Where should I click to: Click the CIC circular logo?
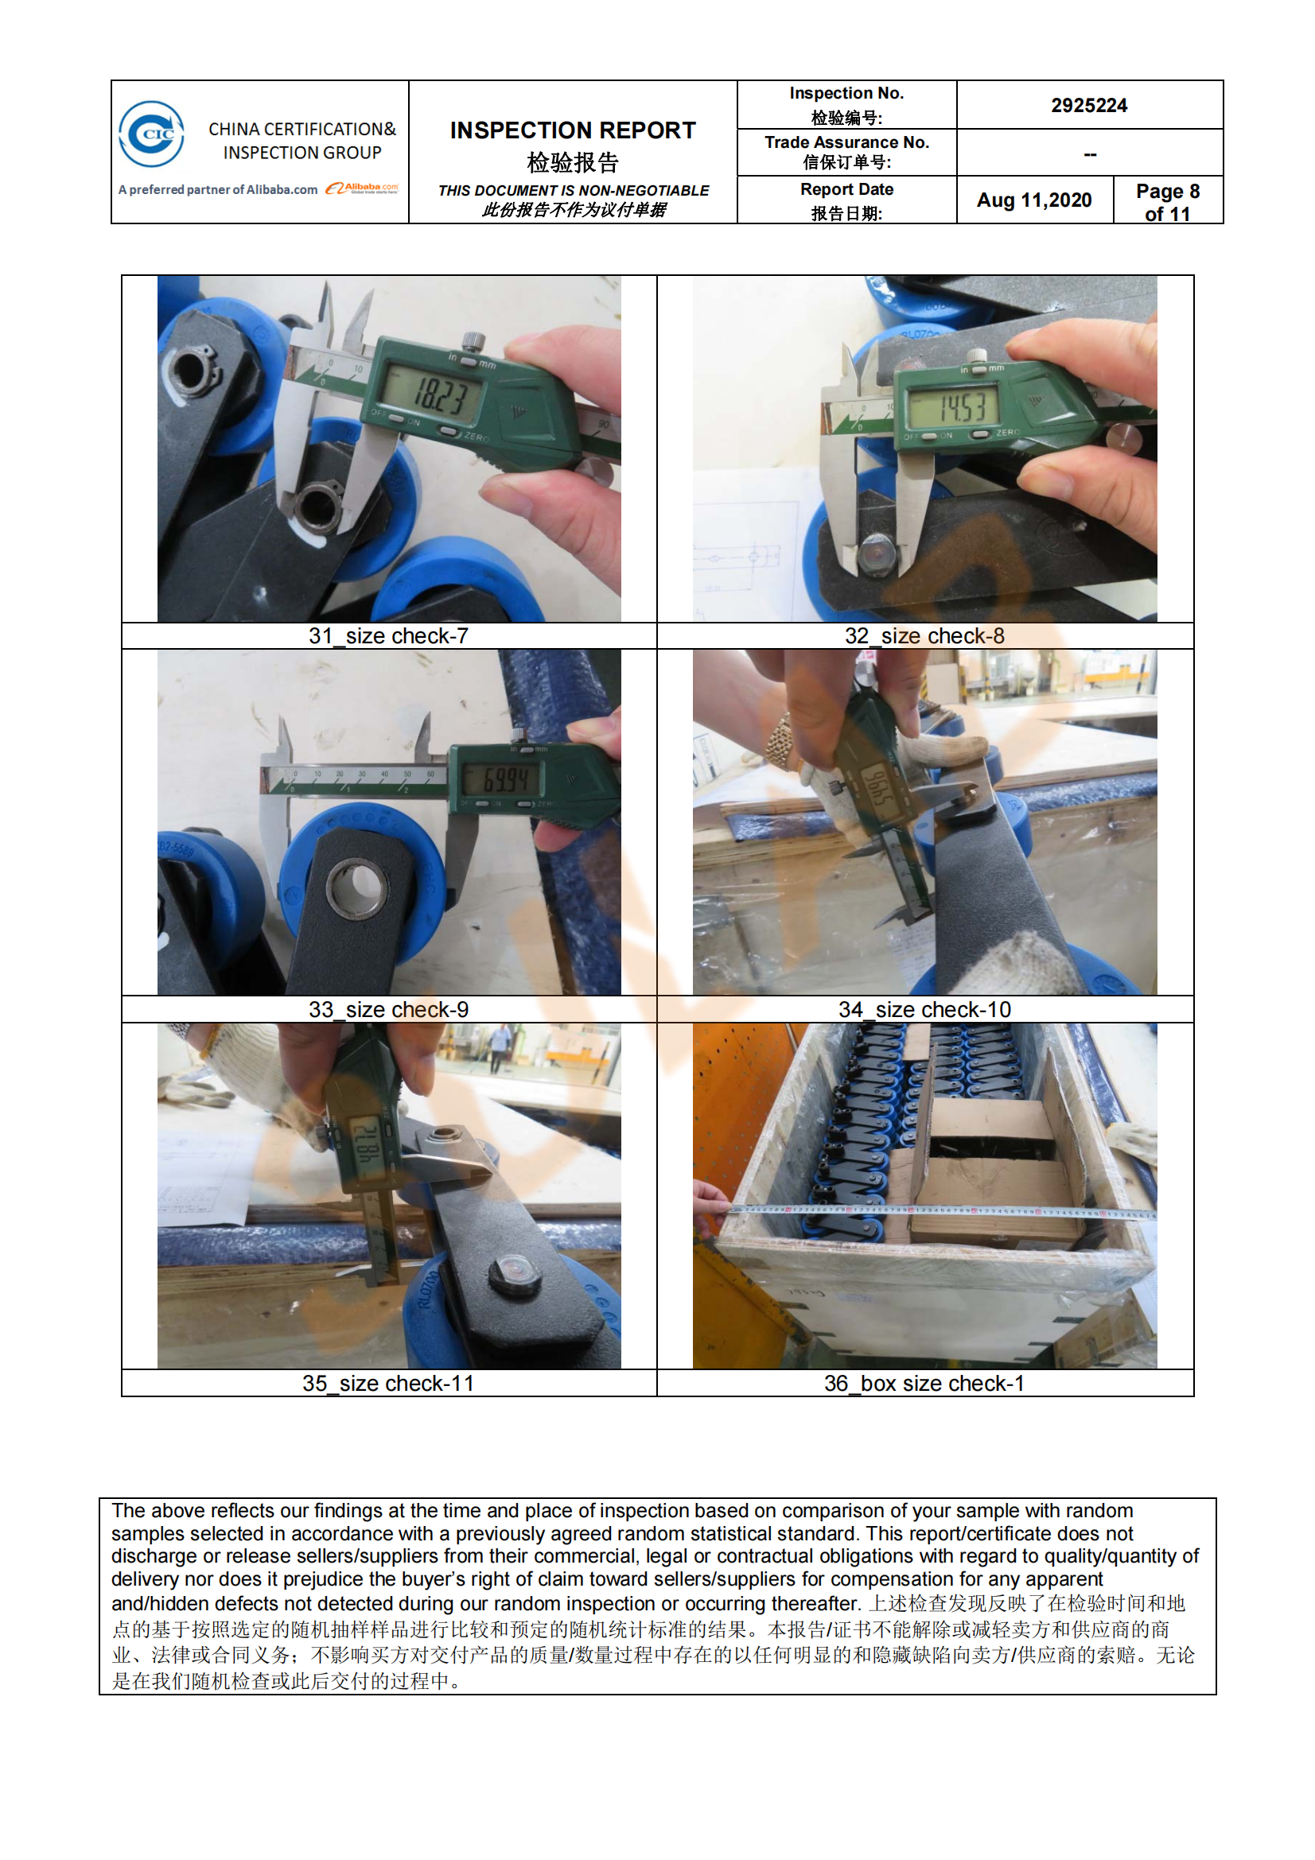point(151,134)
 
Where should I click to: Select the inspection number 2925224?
point(1089,105)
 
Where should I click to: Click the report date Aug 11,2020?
point(1034,200)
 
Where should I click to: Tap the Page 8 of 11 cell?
point(1168,202)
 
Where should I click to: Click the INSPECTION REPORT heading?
point(573,130)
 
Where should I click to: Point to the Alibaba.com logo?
point(362,188)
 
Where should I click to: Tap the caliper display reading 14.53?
point(962,407)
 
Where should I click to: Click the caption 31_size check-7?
point(389,636)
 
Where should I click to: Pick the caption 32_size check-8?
point(924,636)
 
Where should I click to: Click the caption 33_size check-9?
point(389,1009)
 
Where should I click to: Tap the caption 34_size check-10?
point(924,1009)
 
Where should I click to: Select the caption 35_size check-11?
point(389,1383)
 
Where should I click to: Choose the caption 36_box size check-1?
point(924,1383)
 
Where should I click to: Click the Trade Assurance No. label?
point(846,142)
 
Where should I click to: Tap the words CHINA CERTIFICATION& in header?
point(302,130)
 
